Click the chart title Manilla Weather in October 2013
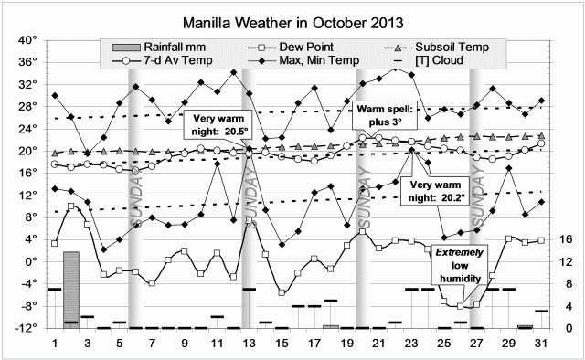pos(292,19)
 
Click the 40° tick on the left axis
pos(25,40)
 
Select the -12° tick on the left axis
pos(25,328)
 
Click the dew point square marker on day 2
pos(71,206)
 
